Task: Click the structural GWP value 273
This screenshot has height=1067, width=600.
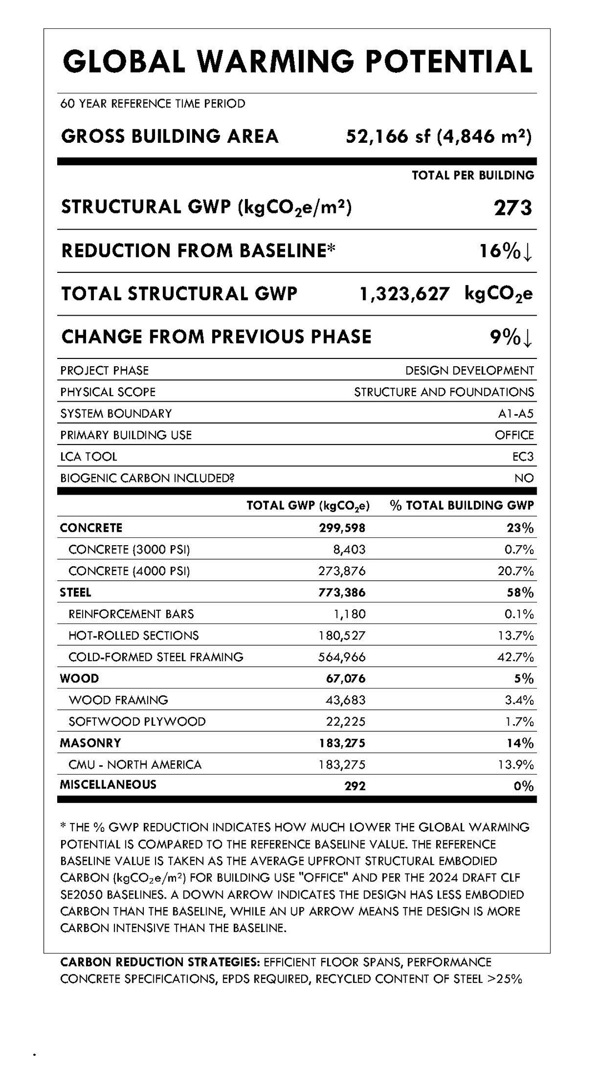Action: tap(513, 208)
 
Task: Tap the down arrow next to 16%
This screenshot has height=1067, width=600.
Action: tap(528, 252)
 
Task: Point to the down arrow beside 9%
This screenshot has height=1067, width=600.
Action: tap(528, 337)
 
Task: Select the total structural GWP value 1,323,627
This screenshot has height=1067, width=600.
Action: tap(404, 294)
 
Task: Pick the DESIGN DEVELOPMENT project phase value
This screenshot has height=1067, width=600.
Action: tap(469, 371)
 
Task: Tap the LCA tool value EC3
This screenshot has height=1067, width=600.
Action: tap(523, 457)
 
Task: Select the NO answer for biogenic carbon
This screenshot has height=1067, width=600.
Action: tap(524, 478)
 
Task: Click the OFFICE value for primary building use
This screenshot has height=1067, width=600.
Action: tap(514, 435)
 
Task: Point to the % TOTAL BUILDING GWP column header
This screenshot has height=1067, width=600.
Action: tap(462, 506)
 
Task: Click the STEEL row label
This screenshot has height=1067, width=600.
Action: tap(76, 592)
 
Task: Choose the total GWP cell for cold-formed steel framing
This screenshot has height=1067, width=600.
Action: tap(342, 657)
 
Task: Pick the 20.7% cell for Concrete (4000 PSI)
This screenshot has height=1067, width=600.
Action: tap(516, 571)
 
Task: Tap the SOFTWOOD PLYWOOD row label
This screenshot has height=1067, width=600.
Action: tap(137, 722)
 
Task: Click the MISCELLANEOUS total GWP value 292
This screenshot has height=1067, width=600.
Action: tap(355, 786)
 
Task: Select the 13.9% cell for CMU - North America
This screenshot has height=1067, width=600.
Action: tap(516, 765)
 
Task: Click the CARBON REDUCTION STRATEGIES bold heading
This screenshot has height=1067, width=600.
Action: tap(160, 962)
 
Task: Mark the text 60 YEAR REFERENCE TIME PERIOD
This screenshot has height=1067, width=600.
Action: tap(153, 104)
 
